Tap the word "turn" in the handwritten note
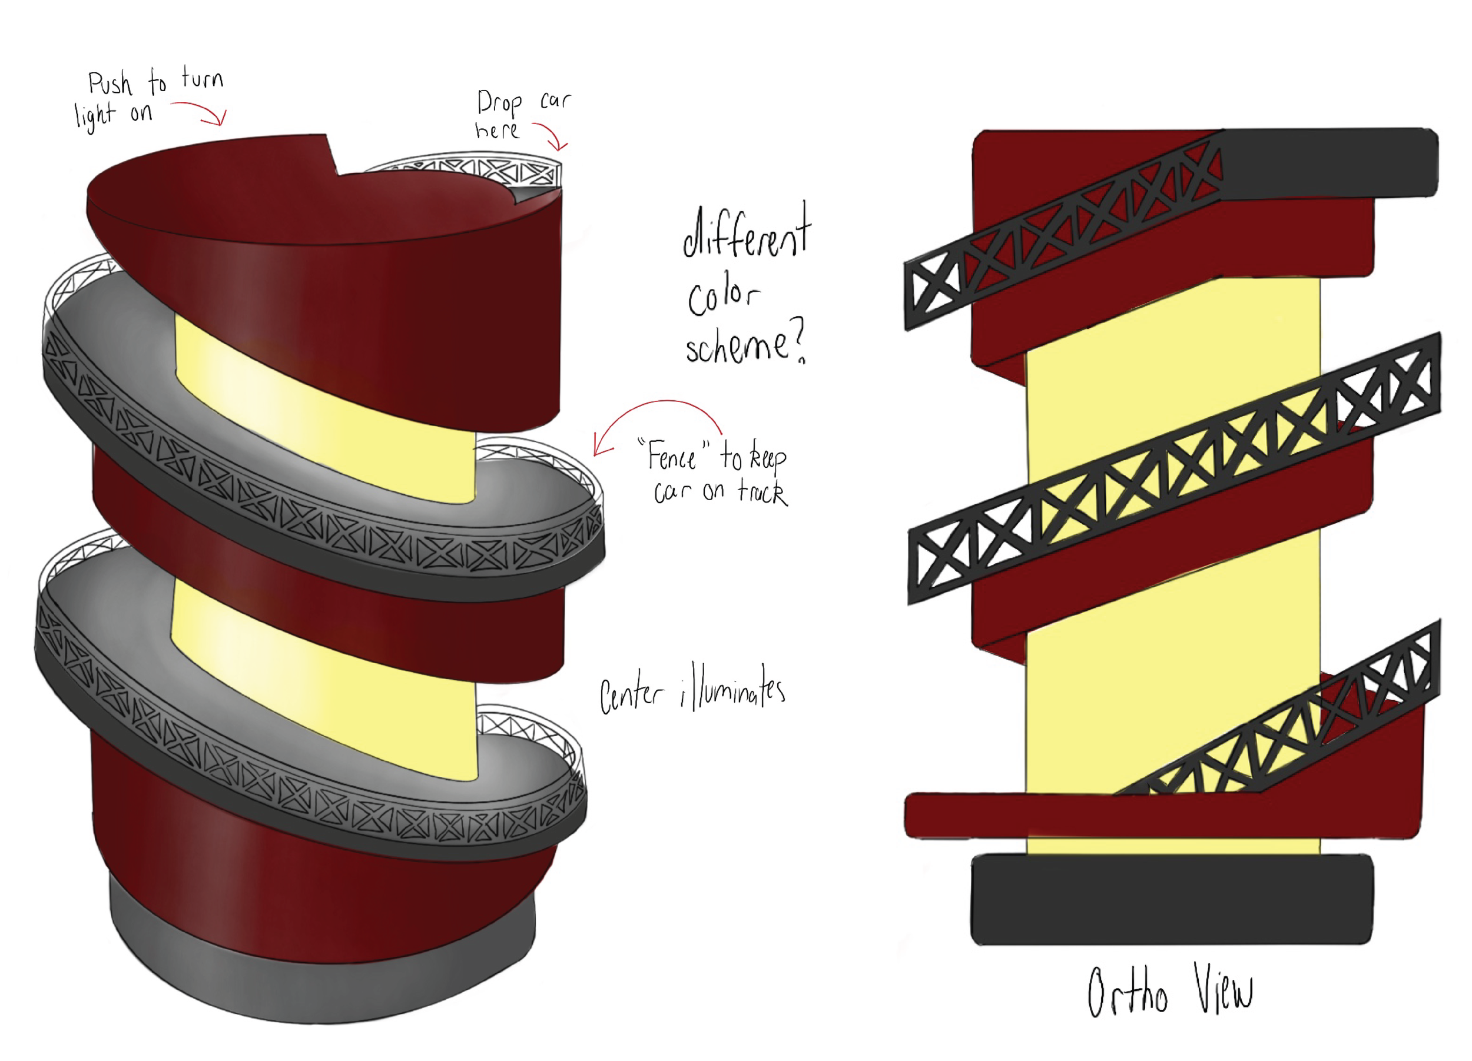click(x=203, y=78)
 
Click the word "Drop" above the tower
click(x=499, y=103)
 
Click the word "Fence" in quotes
click(x=672, y=457)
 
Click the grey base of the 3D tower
click(x=324, y=973)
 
